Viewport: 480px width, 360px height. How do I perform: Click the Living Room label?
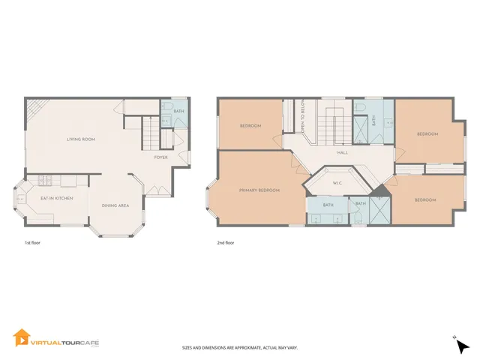(80, 139)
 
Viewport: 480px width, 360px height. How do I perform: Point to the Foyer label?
(160, 157)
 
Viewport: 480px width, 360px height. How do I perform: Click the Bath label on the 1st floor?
(178, 112)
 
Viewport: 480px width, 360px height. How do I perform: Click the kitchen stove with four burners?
(44, 180)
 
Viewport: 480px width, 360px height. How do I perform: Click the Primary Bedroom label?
(259, 190)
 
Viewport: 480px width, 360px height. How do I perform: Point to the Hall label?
(342, 152)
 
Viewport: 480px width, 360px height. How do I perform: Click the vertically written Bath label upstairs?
(373, 120)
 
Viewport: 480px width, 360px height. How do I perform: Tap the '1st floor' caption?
(31, 244)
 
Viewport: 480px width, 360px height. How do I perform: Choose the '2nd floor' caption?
(224, 244)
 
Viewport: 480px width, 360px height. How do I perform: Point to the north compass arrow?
(463, 346)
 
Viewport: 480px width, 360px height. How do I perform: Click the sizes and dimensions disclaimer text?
(239, 348)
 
